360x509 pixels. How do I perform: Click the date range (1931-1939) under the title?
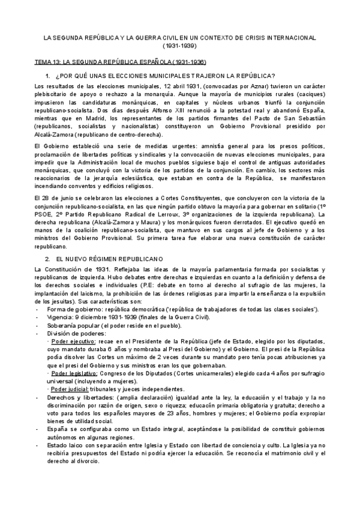180,45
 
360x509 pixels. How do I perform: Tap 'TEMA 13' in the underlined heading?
46,62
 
